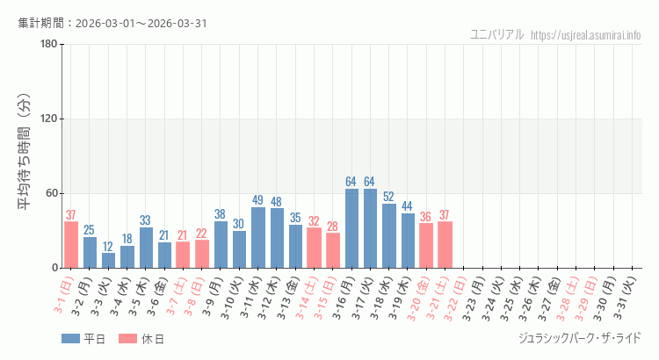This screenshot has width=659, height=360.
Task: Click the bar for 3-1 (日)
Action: click(x=71, y=245)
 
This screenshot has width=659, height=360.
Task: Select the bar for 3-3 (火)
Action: click(x=108, y=261)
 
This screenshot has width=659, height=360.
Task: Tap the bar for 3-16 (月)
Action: click(x=351, y=228)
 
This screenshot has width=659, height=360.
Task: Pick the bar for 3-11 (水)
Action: click(x=258, y=238)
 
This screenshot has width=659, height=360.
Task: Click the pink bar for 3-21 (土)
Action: click(x=445, y=245)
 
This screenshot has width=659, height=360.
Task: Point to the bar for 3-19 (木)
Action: click(x=408, y=241)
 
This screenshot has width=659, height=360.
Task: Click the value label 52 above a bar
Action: click(x=388, y=197)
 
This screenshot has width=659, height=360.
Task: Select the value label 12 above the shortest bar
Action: click(x=108, y=247)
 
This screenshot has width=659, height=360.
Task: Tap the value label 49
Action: click(x=258, y=200)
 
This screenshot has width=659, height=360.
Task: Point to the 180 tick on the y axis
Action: click(x=48, y=45)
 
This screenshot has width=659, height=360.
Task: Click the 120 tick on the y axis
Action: click(x=48, y=119)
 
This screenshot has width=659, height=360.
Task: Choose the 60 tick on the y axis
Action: click(x=51, y=194)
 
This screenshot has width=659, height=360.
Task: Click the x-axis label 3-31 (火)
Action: click(x=630, y=297)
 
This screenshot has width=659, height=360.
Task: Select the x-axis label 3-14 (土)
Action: click(x=312, y=297)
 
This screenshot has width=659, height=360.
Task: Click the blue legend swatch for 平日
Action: click(x=70, y=338)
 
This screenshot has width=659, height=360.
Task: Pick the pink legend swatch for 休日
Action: click(x=127, y=338)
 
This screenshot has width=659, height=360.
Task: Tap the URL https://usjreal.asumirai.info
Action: click(x=586, y=34)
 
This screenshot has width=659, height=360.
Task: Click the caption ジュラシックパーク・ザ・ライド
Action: click(x=579, y=338)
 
